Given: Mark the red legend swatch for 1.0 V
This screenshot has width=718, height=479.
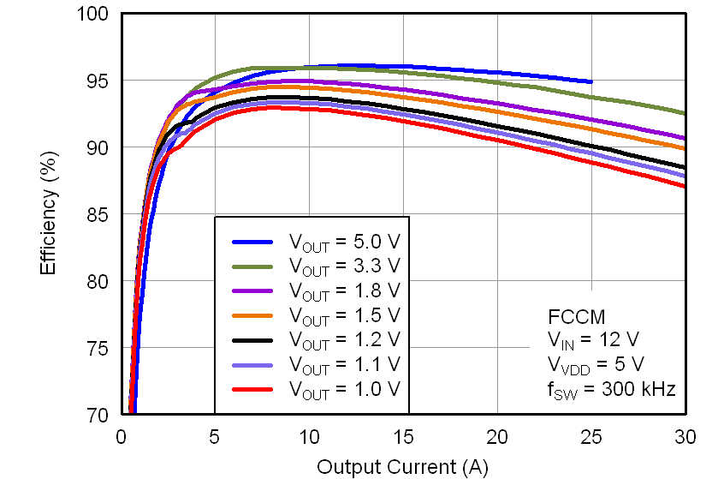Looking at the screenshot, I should click(x=253, y=389).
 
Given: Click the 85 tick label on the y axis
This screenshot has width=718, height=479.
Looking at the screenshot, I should click(x=99, y=214).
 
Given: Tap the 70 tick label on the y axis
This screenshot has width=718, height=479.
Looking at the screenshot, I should click(x=99, y=415).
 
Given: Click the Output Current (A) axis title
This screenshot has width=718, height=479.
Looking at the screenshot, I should click(x=402, y=466).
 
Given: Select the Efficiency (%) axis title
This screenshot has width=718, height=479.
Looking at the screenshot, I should click(x=49, y=214).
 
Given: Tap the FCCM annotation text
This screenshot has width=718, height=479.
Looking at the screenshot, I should click(x=572, y=314).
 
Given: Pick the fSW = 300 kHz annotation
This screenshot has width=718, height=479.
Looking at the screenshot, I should click(x=611, y=389).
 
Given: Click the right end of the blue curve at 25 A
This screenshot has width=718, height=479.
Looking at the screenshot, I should click(x=590, y=82).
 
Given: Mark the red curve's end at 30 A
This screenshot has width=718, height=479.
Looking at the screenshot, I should click(x=683, y=186).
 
